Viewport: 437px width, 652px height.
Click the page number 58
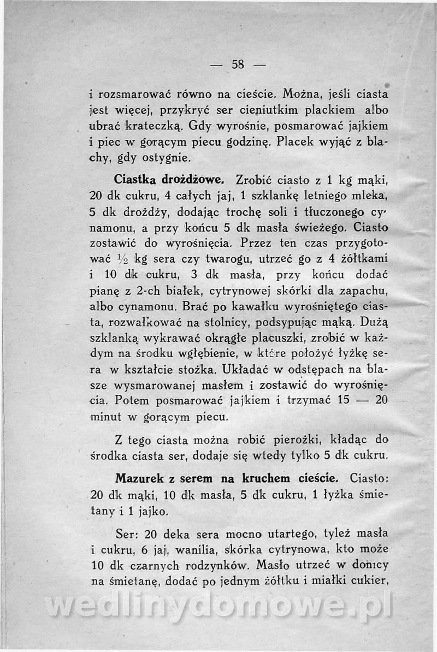(x=238, y=63)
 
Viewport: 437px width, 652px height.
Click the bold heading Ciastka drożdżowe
(x=167, y=179)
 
